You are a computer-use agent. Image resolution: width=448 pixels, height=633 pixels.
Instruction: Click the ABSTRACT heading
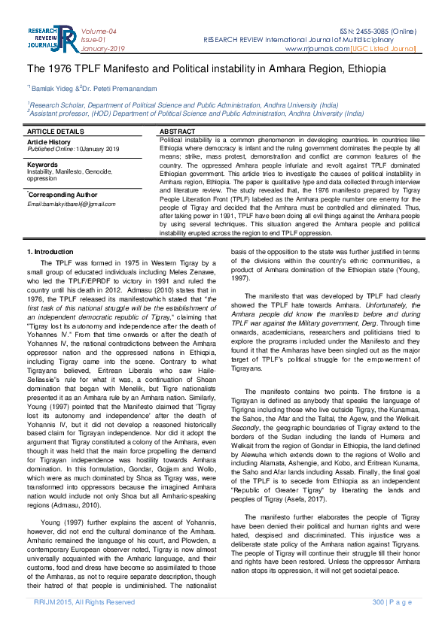click(x=178, y=132)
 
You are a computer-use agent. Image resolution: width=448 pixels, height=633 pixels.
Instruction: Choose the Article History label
click(x=49, y=141)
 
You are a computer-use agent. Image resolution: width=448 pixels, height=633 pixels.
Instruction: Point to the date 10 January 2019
click(x=98, y=149)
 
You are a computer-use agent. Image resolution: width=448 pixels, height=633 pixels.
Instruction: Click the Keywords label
click(x=43, y=164)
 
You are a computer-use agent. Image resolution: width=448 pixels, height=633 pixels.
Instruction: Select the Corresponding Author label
click(x=60, y=194)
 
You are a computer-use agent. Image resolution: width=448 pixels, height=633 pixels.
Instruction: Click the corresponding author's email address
click(x=72, y=204)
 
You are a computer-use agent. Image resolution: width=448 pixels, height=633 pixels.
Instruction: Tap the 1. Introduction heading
click(x=50, y=250)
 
